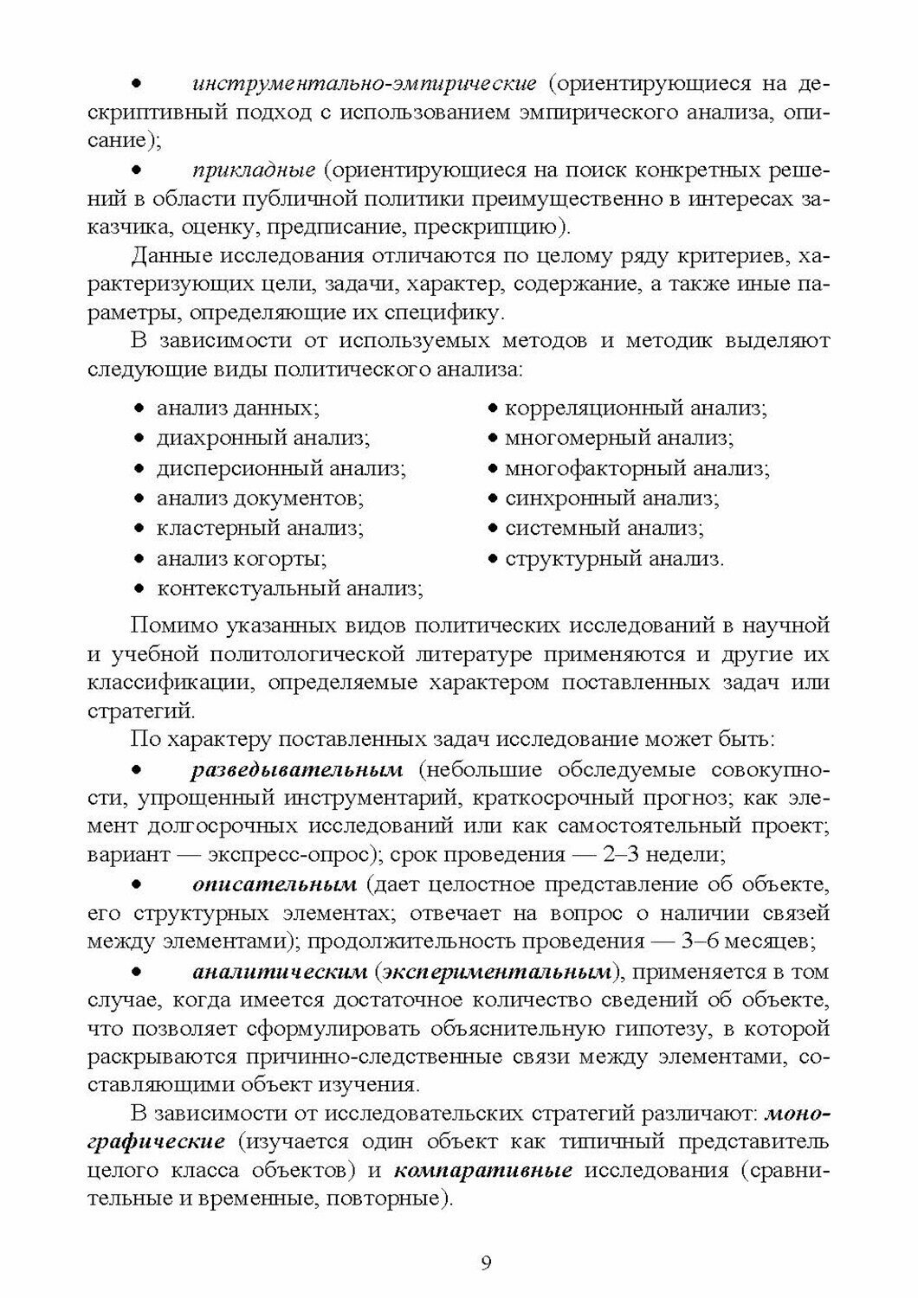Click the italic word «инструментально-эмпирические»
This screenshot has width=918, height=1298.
point(364,84)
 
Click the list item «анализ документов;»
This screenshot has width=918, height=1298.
point(260,498)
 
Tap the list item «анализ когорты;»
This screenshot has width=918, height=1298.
point(242,558)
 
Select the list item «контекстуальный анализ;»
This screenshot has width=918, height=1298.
point(289,588)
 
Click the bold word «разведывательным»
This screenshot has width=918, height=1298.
point(297,770)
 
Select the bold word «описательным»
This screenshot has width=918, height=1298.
point(274,885)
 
